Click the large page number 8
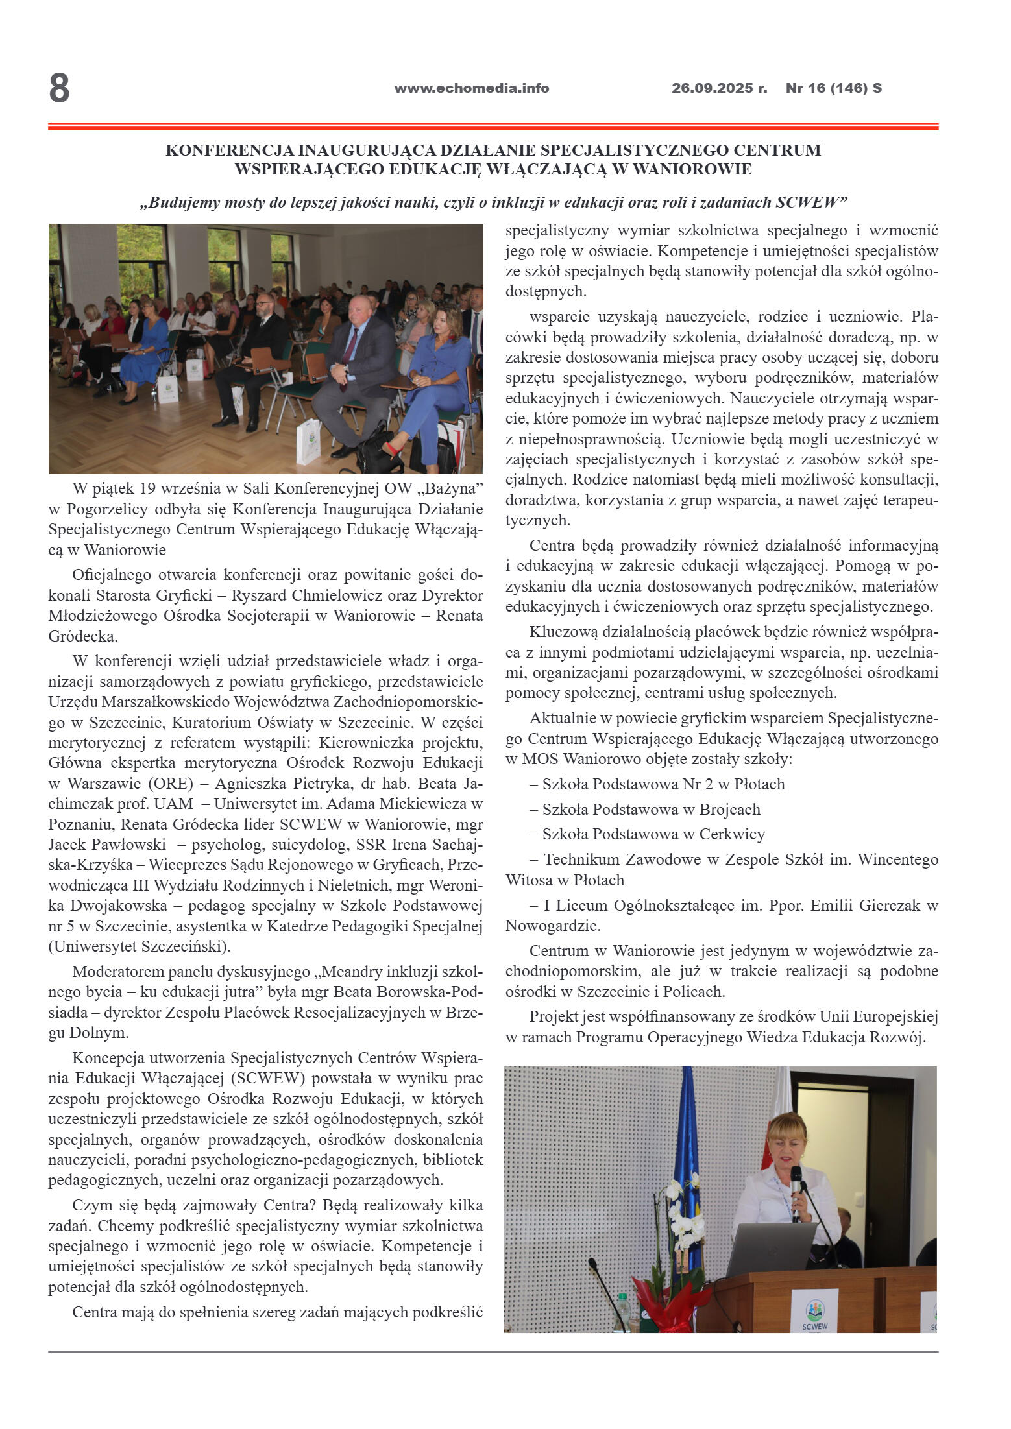pyautogui.click(x=59, y=89)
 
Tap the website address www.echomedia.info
pyautogui.click(x=471, y=88)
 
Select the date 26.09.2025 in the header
pyautogui.click(x=713, y=88)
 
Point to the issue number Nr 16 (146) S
pyautogui.click(x=833, y=88)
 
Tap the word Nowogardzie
pyautogui.click(x=552, y=925)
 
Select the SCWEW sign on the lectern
pyautogui.click(x=814, y=1311)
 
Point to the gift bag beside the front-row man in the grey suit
pyautogui.click(x=308, y=441)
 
